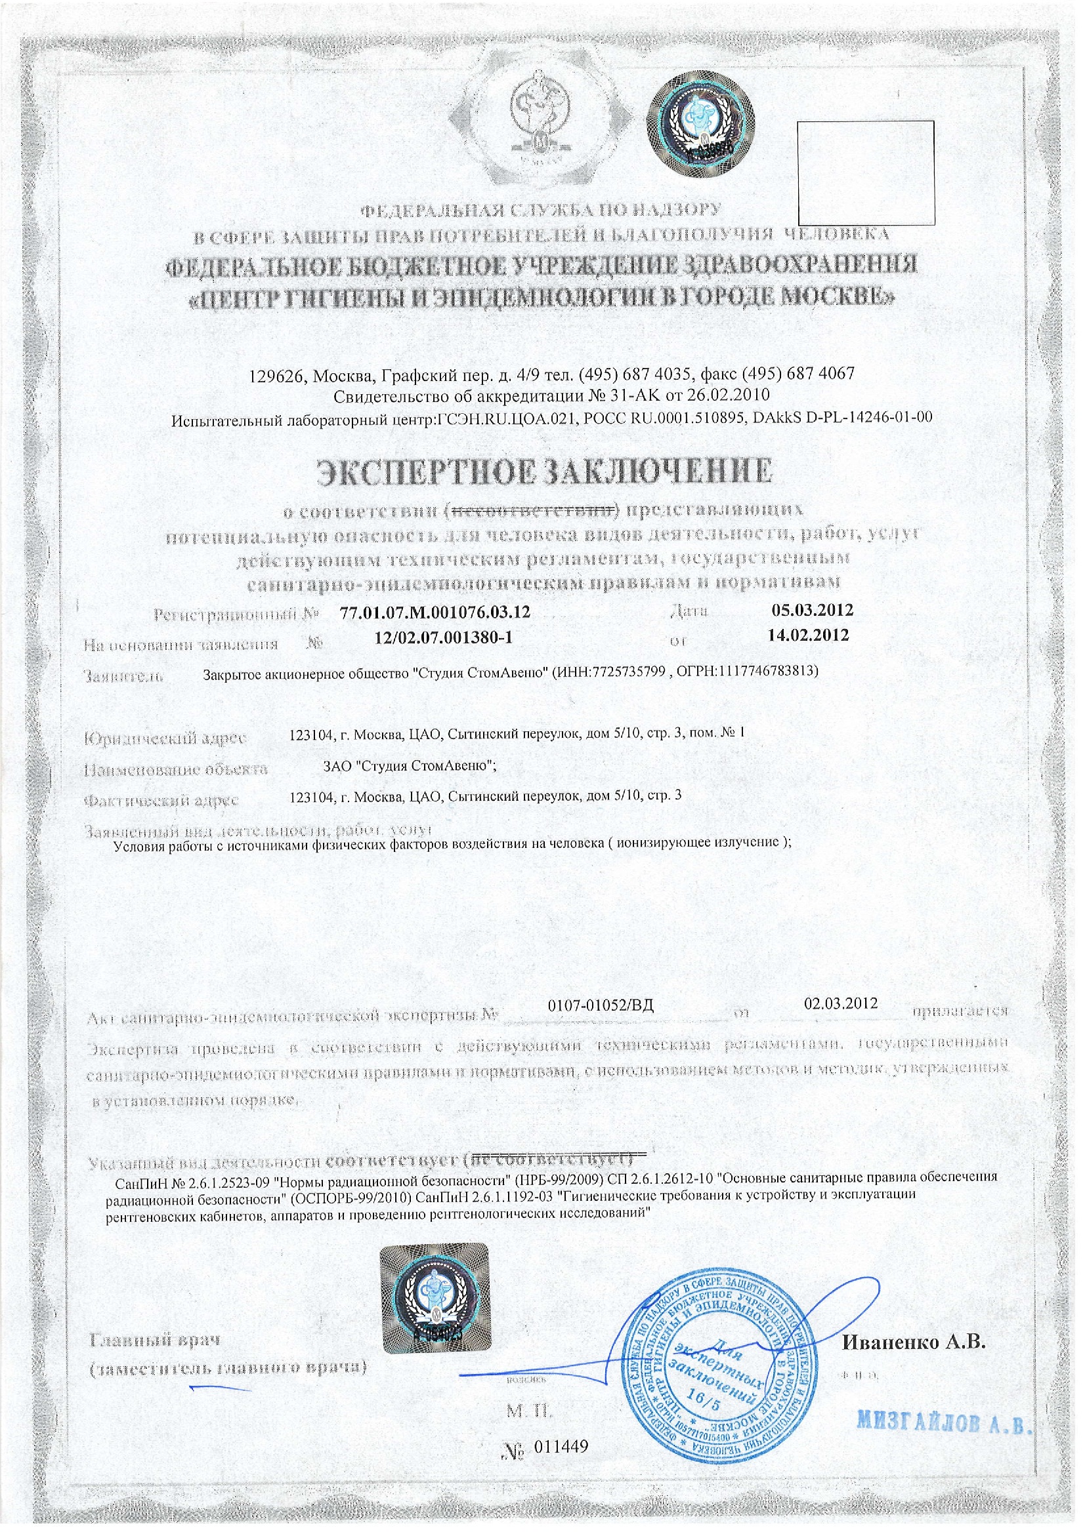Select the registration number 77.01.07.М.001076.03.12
[435, 612]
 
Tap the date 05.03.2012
[812, 609]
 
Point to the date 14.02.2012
[808, 635]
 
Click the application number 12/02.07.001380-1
[443, 637]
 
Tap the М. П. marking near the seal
[530, 1411]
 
